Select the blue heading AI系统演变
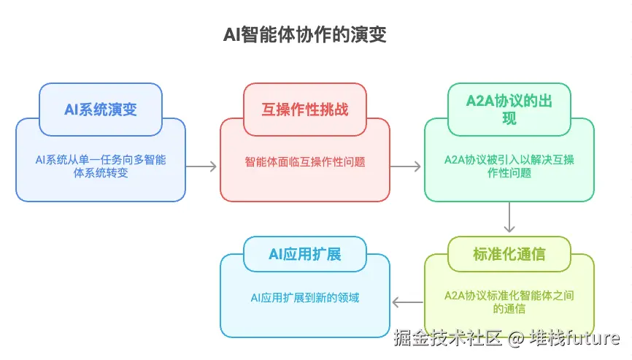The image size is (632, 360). pyautogui.click(x=101, y=110)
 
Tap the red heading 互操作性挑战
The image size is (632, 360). pyautogui.click(x=305, y=110)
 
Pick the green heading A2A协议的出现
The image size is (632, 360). pyautogui.click(x=509, y=109)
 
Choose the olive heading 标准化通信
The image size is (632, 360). pyautogui.click(x=509, y=254)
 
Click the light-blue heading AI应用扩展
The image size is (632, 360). pyautogui.click(x=305, y=254)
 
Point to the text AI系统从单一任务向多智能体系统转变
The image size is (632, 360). pyautogui.click(x=101, y=166)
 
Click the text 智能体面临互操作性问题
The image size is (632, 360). pyautogui.click(x=305, y=161)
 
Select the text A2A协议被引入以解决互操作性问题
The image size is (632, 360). pyautogui.click(x=509, y=166)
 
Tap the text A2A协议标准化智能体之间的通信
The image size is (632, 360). pyautogui.click(x=509, y=302)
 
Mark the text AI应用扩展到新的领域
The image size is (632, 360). pyautogui.click(x=305, y=297)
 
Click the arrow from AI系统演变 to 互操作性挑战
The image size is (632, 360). pyautogui.click(x=202, y=166)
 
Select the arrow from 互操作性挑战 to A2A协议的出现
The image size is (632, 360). pyautogui.click(x=406, y=166)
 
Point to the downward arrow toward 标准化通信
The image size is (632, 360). pyautogui.click(x=509, y=218)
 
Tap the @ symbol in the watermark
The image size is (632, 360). pyautogui.click(x=517, y=338)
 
